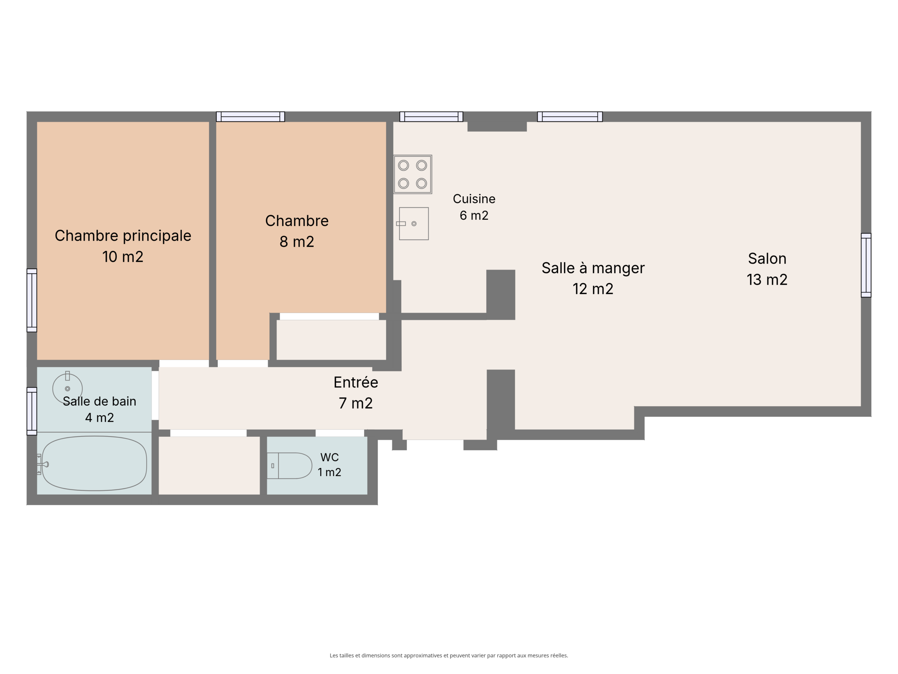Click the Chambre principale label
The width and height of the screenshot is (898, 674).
[123, 236]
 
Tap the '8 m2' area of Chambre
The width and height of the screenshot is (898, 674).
[297, 242]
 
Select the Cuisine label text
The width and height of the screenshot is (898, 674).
[474, 199]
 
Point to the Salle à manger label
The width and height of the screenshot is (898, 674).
[593, 268]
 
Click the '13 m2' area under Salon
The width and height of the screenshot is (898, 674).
[767, 279]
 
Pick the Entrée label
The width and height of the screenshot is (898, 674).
[356, 382]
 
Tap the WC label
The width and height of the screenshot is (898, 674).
[329, 457]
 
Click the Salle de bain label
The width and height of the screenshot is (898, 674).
[100, 401]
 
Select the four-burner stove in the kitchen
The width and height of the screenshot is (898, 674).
[413, 174]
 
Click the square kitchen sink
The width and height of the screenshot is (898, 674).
[413, 224]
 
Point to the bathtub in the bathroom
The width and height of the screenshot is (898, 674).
[94, 464]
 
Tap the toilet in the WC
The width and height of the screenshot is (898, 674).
[289, 465]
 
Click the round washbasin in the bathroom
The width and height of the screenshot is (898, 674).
[67, 388]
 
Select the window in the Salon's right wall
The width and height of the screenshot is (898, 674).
[866, 265]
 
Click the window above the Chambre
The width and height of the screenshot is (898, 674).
[250, 117]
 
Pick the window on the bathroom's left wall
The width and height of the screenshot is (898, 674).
[32, 411]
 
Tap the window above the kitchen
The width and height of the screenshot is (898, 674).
[431, 117]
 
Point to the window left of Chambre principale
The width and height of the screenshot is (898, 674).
[32, 300]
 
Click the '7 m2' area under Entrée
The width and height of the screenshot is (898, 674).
[356, 403]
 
